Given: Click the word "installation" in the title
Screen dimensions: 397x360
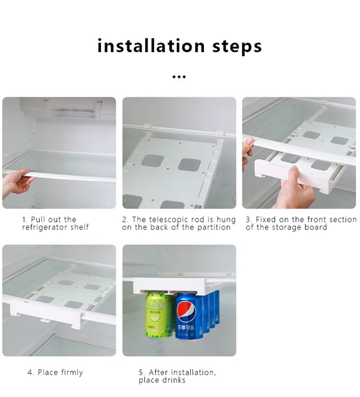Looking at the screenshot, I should tap(151, 46).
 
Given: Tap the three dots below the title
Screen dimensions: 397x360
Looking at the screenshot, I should tap(179, 77).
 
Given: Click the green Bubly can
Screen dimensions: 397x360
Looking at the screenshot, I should tap(158, 315).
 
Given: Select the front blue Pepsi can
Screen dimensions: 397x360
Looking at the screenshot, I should tap(190, 316).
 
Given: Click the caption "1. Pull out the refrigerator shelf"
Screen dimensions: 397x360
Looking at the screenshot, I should tap(55, 223).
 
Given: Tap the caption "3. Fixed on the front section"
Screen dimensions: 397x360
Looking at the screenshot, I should tap(300, 223).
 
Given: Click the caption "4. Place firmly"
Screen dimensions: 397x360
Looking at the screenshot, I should tap(55, 373).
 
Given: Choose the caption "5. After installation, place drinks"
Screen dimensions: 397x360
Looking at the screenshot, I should tap(177, 376).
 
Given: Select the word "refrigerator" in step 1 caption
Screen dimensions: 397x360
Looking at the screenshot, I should tap(45, 227).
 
